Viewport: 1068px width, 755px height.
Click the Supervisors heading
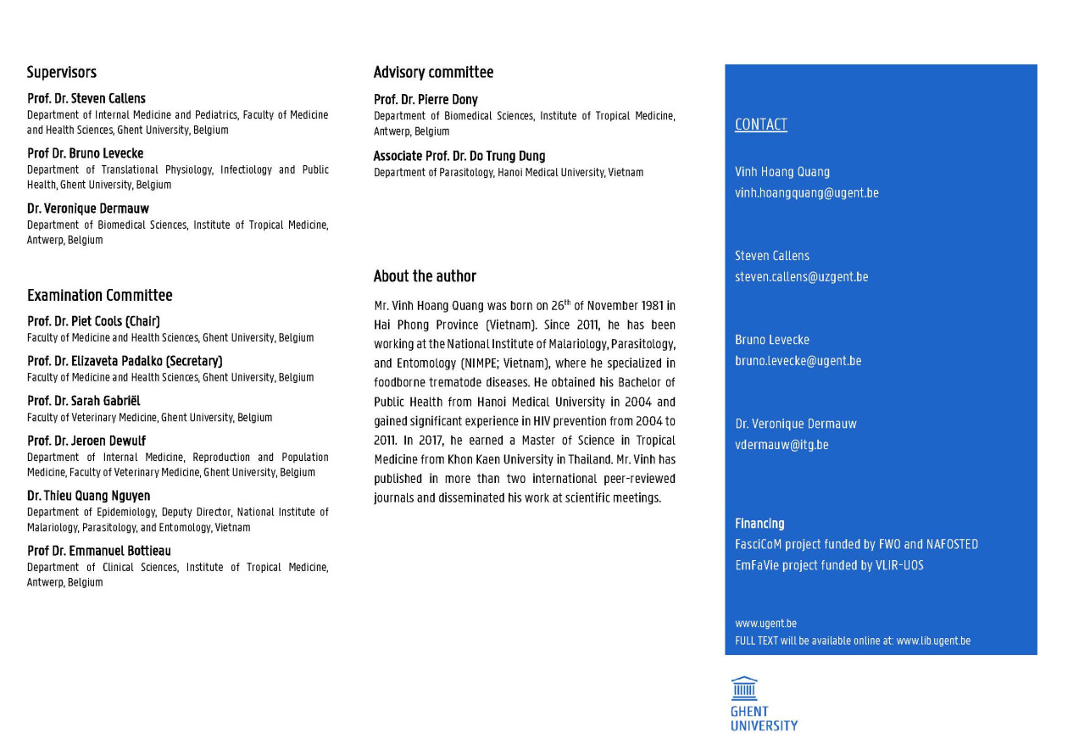(x=62, y=73)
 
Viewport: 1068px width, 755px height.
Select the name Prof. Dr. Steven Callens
(x=86, y=98)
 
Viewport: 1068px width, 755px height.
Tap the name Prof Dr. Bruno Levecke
(x=86, y=153)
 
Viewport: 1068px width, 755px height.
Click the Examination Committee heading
(x=100, y=296)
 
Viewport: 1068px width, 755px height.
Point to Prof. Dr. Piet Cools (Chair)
(x=93, y=321)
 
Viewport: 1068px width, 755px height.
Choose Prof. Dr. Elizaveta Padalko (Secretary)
(x=125, y=361)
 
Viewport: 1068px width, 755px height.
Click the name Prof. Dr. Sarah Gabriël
(x=84, y=401)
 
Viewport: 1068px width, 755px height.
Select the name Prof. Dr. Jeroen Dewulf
(x=86, y=441)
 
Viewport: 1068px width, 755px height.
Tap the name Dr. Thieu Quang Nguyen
(x=89, y=496)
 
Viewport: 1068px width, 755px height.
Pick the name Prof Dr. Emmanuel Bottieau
(x=99, y=551)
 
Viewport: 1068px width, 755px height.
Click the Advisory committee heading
(x=433, y=73)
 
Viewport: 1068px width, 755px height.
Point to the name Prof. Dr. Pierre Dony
(x=426, y=99)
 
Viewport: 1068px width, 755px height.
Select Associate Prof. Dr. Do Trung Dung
(x=459, y=156)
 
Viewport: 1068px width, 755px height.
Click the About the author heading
(x=425, y=276)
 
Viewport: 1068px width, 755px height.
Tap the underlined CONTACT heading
(x=761, y=125)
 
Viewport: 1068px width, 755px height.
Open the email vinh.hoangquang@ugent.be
(x=807, y=193)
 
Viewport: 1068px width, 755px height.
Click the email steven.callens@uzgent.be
(x=802, y=277)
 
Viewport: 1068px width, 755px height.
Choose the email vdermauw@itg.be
(x=782, y=445)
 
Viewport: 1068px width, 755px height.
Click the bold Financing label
(x=759, y=524)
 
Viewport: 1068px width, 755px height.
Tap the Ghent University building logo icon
(x=744, y=687)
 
